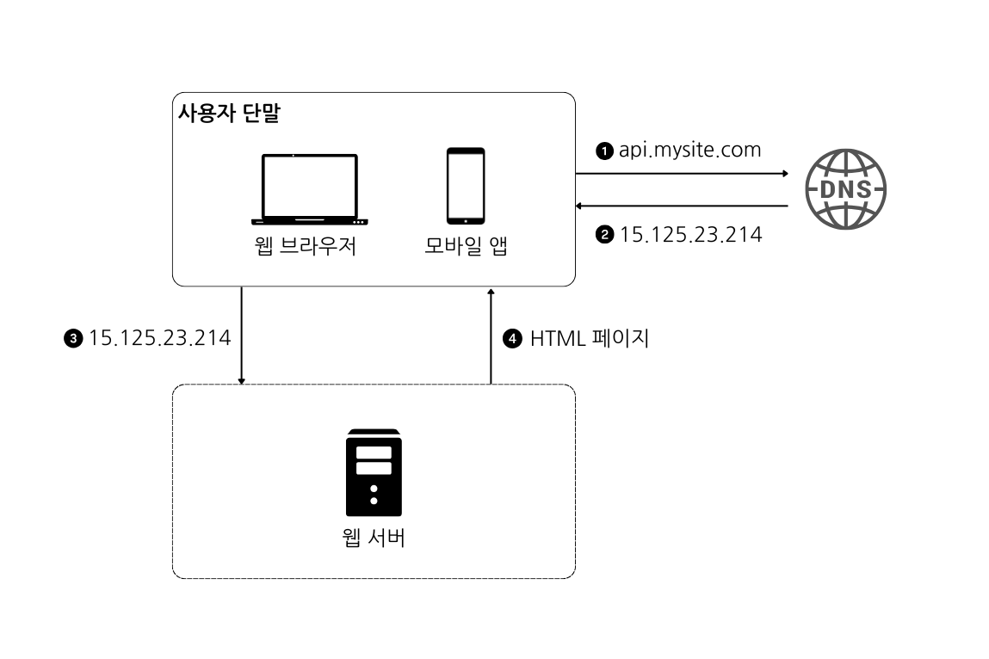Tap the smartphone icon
(x=465, y=186)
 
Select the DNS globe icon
(x=845, y=189)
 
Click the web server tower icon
(x=374, y=472)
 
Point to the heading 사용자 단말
(x=228, y=114)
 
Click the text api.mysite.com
(x=689, y=150)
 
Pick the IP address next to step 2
(x=690, y=234)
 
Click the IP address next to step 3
(x=159, y=338)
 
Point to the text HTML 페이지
(x=589, y=338)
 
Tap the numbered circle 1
(x=605, y=151)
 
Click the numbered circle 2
(x=605, y=235)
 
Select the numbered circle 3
(x=74, y=339)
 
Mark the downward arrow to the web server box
(x=242, y=336)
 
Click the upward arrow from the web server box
(x=491, y=336)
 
